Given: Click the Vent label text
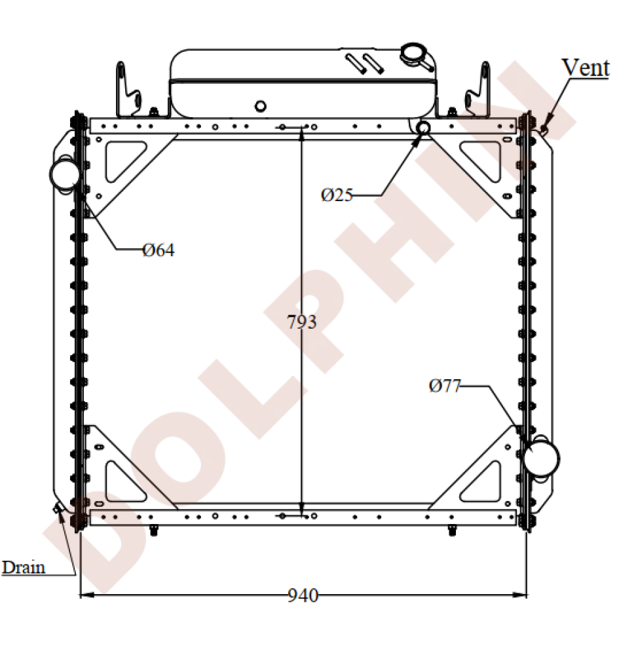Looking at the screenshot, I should (x=586, y=67).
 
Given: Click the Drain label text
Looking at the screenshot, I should (x=24, y=567).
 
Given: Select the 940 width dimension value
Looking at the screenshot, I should (x=303, y=595).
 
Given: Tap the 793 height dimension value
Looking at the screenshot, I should (x=302, y=322).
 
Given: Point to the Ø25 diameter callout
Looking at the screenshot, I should (x=337, y=195).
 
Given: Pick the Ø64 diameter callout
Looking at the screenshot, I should (x=159, y=250).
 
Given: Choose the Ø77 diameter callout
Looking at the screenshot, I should (x=445, y=386).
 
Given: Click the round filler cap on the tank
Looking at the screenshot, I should (x=414, y=54).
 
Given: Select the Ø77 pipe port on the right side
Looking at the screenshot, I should (x=541, y=455).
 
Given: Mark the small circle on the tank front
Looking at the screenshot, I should (x=260, y=105).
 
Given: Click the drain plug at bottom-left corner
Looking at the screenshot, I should (x=58, y=508).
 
